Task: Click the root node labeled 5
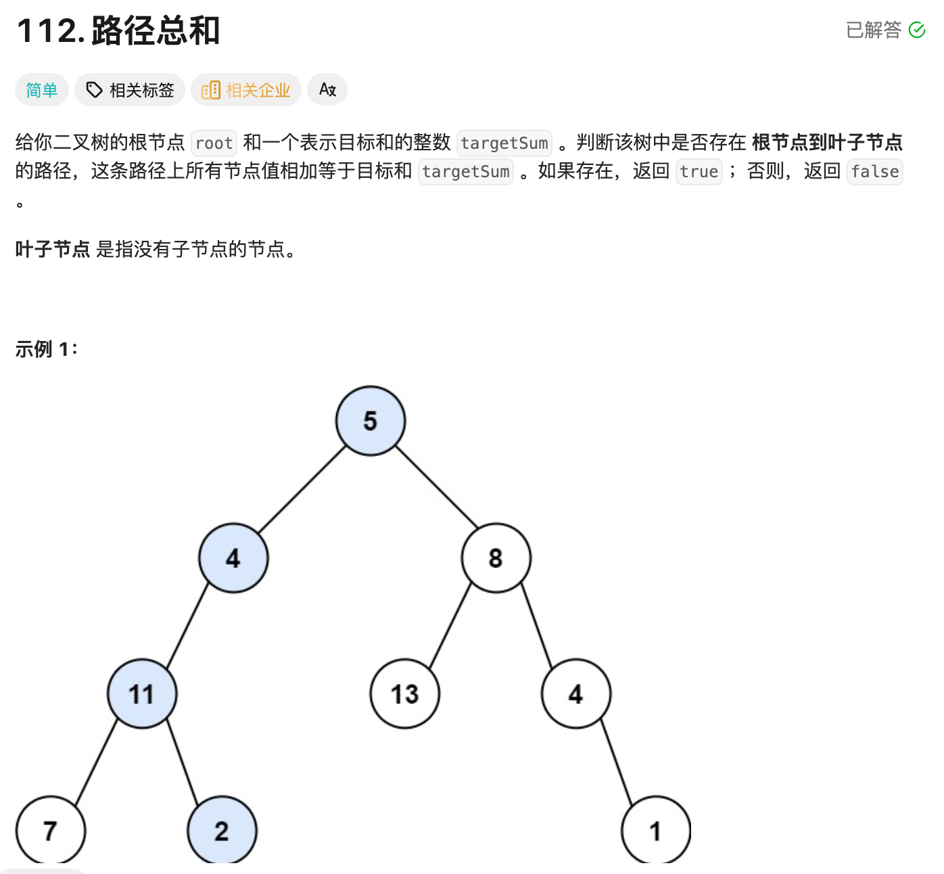coord(371,421)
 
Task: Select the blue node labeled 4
coord(233,558)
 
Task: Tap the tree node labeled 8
coord(496,558)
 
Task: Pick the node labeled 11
coord(142,694)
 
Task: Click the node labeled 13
coord(404,694)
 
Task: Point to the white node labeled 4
coord(575,694)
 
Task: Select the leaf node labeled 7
coord(50,831)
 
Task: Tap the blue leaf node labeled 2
coord(222,831)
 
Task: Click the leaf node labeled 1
coord(655,831)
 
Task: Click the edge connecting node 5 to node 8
coord(436,486)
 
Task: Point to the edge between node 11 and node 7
coord(96,762)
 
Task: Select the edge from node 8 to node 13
coord(450,625)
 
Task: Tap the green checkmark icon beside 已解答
coord(917,30)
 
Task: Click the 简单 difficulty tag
coord(42,90)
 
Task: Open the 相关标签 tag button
coord(130,90)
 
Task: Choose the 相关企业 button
coord(246,90)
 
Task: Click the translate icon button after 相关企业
coord(327,90)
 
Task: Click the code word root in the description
coord(214,143)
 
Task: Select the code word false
coord(875,172)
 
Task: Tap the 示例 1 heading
coord(46,349)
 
